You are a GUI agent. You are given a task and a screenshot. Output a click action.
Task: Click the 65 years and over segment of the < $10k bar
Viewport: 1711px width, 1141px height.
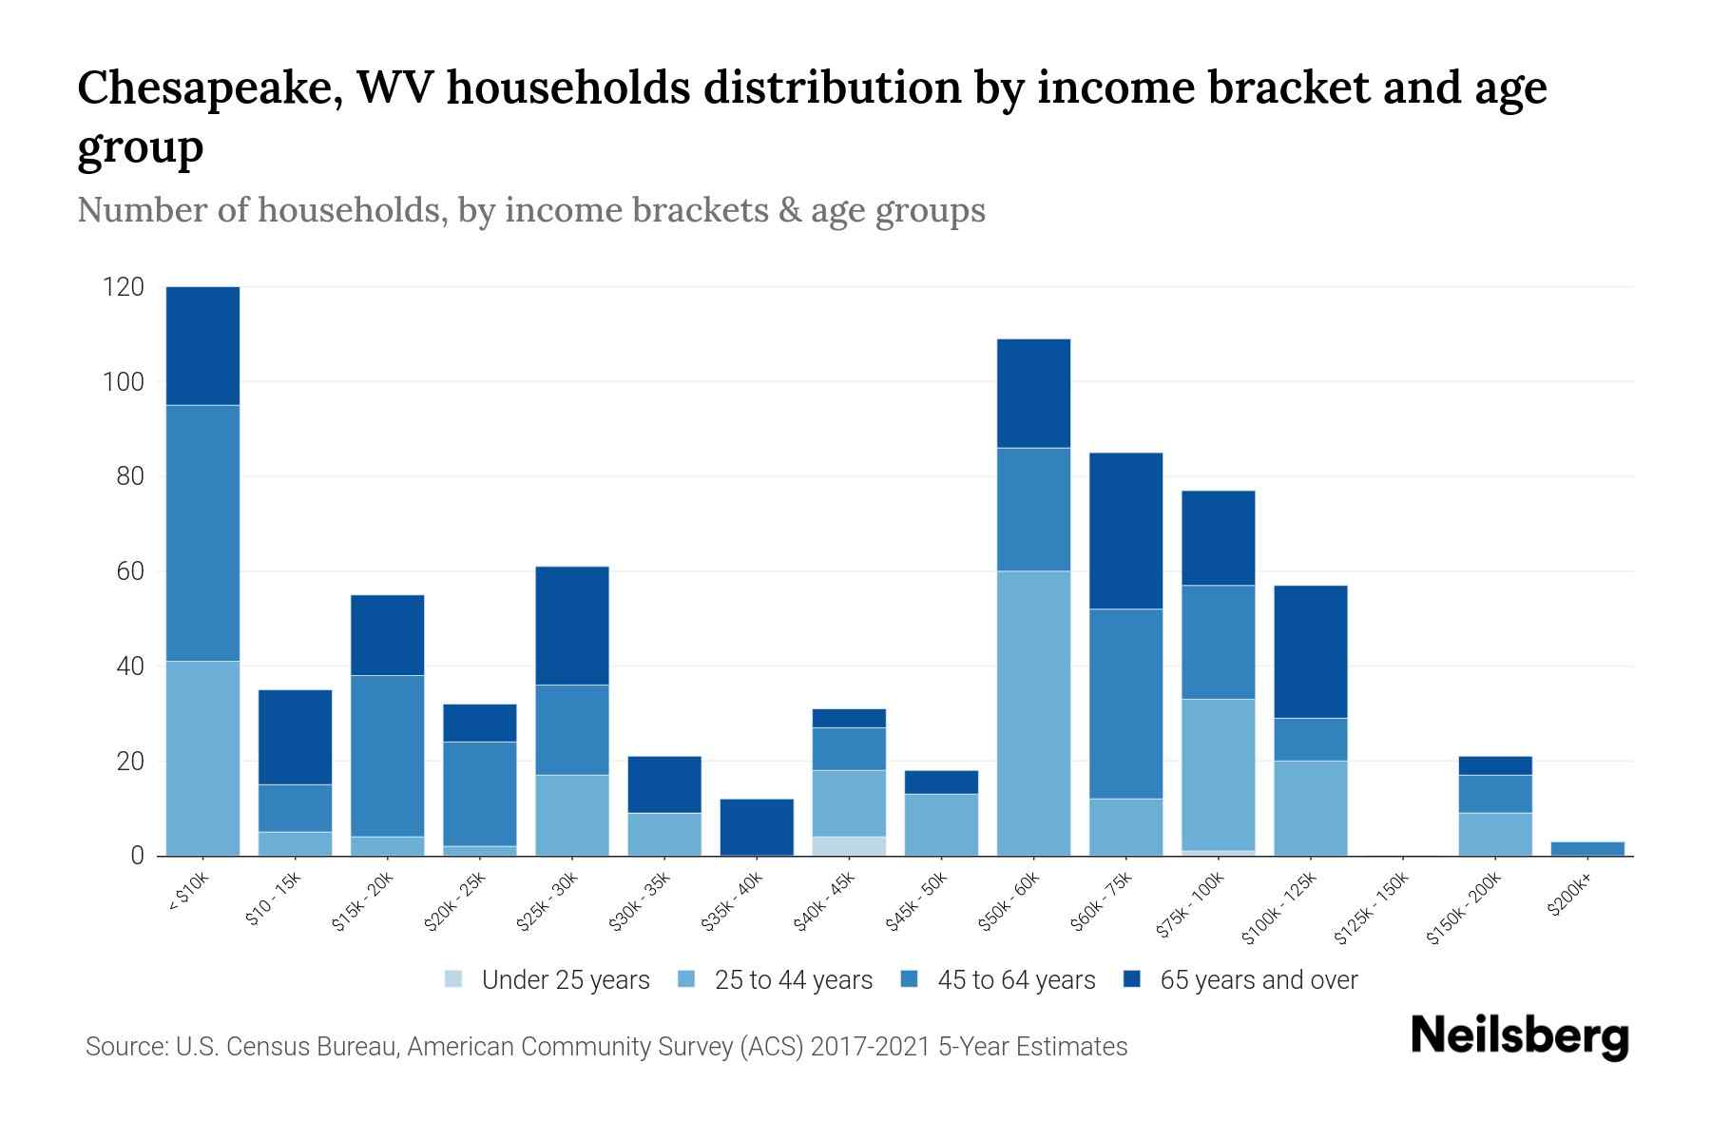click(202, 346)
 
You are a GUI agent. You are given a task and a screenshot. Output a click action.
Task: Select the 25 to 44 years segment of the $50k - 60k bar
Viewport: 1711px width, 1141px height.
click(1033, 713)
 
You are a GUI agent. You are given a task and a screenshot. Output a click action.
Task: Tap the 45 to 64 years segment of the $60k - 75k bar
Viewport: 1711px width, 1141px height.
click(1125, 704)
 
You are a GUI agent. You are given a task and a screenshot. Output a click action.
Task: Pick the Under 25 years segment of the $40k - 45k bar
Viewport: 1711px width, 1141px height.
click(849, 846)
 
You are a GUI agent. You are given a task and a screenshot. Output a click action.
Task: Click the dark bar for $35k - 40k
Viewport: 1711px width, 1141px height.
click(757, 826)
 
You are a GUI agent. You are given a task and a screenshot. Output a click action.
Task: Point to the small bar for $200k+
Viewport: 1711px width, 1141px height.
click(1587, 848)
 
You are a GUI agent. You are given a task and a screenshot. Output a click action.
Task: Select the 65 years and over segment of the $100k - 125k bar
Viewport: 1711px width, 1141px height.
click(1310, 651)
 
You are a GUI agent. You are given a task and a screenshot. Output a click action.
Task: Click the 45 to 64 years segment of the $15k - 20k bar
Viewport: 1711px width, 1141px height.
click(387, 756)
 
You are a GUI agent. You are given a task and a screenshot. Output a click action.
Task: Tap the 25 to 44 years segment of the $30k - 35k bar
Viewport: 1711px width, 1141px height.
click(664, 834)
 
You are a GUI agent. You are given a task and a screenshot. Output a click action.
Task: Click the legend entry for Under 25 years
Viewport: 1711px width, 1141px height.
click(565, 980)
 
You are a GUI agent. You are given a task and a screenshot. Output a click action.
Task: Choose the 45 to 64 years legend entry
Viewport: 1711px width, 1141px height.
click(1015, 980)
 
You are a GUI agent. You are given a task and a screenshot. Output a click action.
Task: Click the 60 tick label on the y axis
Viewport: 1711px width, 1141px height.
click(130, 571)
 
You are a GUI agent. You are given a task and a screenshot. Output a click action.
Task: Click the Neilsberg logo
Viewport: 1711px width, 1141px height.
click(1519, 1036)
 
